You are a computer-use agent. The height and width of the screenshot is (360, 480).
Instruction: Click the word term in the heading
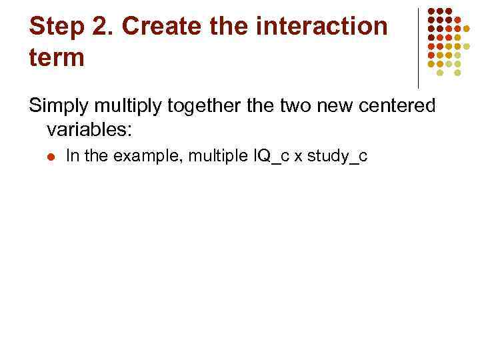pyautogui.click(x=57, y=57)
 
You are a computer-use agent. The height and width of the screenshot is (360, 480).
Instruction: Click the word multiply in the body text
pyautogui.click(x=125, y=107)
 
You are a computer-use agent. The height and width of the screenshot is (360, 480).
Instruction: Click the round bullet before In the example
pyautogui.click(x=51, y=157)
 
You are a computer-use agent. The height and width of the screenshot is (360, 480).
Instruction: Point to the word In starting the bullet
pyautogui.click(x=73, y=157)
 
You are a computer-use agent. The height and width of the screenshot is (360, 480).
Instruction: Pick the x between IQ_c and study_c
pyautogui.click(x=297, y=157)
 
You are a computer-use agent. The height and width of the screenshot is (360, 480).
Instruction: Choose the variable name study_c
pyautogui.click(x=337, y=157)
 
